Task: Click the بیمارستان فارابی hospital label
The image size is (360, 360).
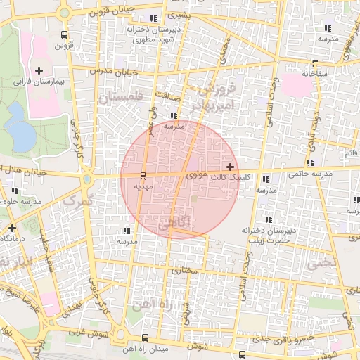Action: [x=39, y=82]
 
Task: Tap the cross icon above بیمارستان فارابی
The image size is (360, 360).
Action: [x=39, y=70]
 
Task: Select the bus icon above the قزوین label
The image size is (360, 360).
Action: [x=65, y=34]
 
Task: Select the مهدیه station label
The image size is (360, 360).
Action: [x=143, y=186]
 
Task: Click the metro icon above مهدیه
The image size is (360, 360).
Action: [x=143, y=175]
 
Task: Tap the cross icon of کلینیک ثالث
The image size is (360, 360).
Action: [x=231, y=167]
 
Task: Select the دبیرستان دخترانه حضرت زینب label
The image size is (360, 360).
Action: [x=266, y=235]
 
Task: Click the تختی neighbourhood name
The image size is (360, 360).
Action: [x=322, y=262]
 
